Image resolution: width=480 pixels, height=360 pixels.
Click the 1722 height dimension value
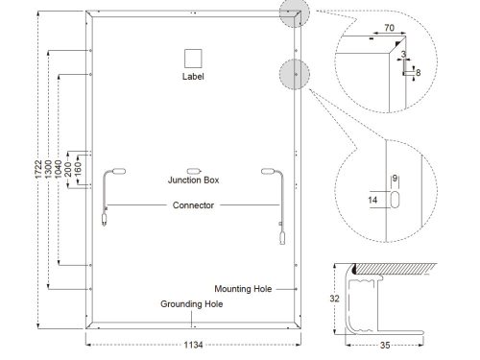[x=38, y=169]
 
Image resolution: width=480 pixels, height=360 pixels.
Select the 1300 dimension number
[x=48, y=169]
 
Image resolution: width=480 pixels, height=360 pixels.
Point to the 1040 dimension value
[x=58, y=169]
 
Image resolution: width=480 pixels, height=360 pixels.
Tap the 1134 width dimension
[x=193, y=345]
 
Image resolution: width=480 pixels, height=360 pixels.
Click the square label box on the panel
[x=193, y=59]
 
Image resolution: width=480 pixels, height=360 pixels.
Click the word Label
[x=193, y=77]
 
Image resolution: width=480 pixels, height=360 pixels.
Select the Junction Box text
[x=193, y=180]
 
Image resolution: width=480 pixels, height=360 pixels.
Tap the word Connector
[x=193, y=205]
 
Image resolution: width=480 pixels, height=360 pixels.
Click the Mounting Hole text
[x=243, y=289]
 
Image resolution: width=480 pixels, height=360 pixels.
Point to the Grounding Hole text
[x=192, y=304]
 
